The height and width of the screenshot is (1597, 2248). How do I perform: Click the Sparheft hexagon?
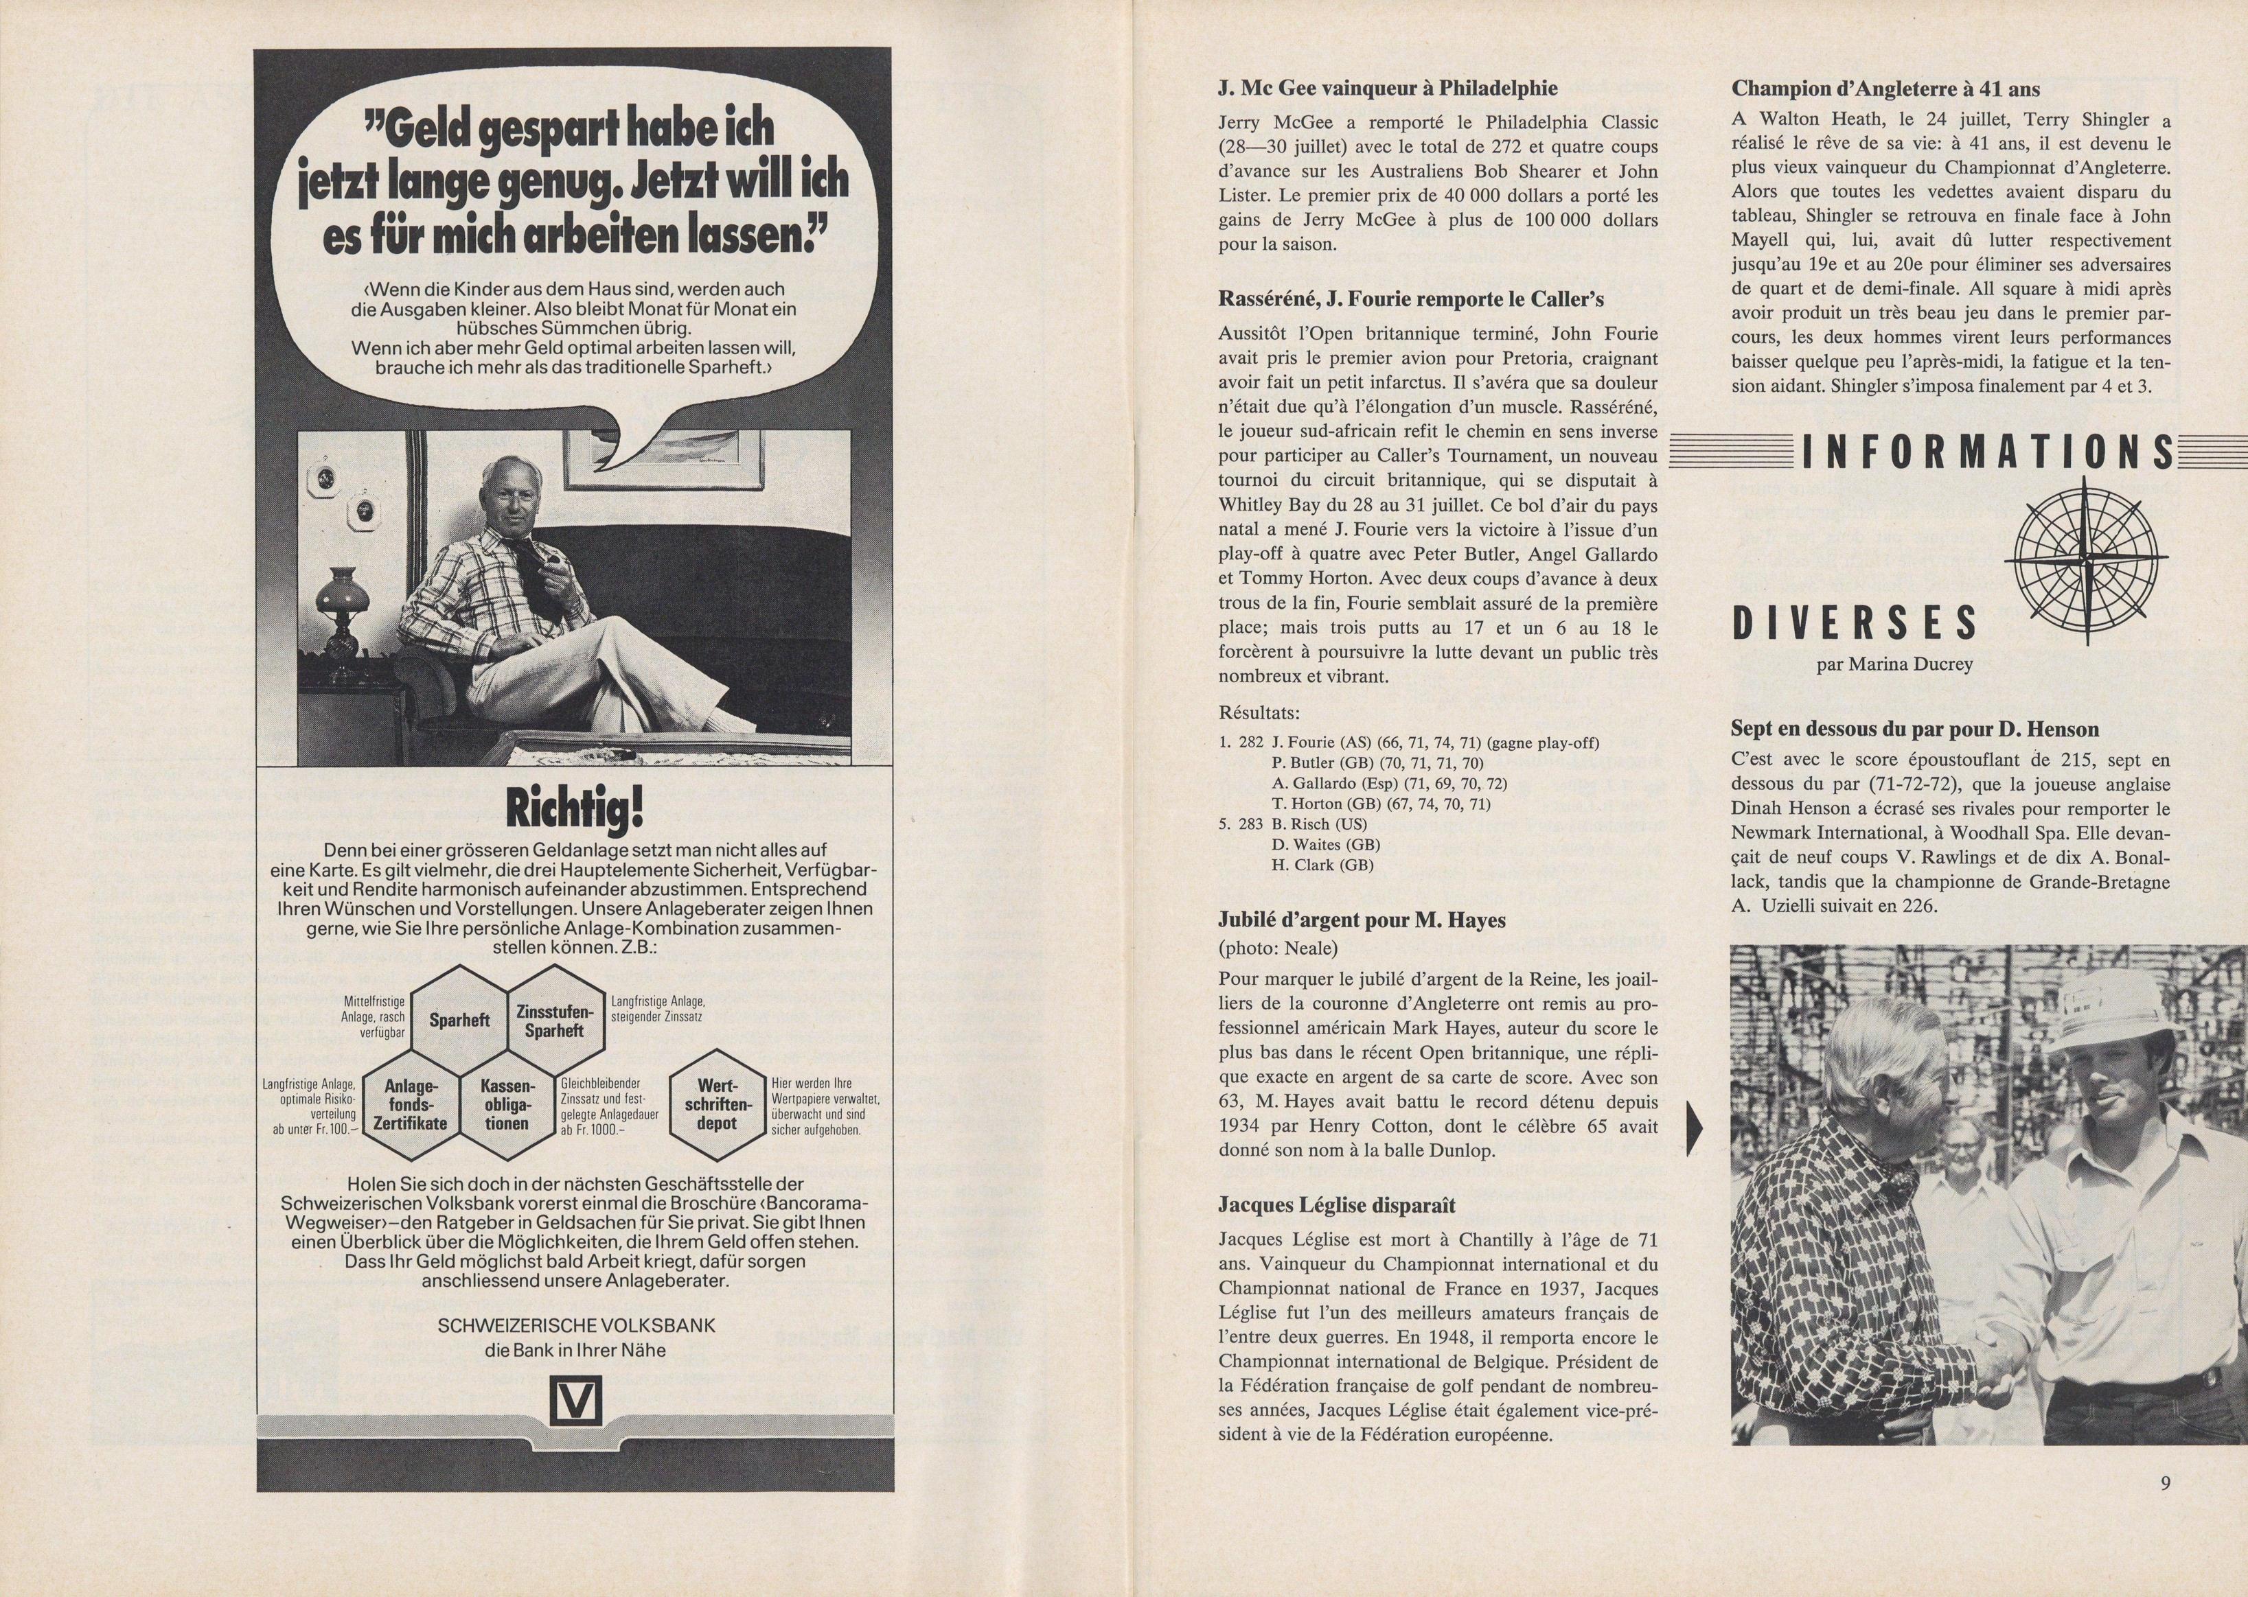click(459, 1021)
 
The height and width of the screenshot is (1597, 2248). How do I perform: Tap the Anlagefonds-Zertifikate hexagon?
click(410, 1104)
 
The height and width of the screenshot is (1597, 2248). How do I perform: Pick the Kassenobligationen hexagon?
click(507, 1104)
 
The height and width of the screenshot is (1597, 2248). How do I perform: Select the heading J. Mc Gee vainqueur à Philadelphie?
click(1387, 89)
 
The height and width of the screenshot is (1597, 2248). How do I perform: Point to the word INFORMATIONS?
click(1986, 454)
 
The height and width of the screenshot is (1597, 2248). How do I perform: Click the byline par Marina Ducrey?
click(1894, 665)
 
